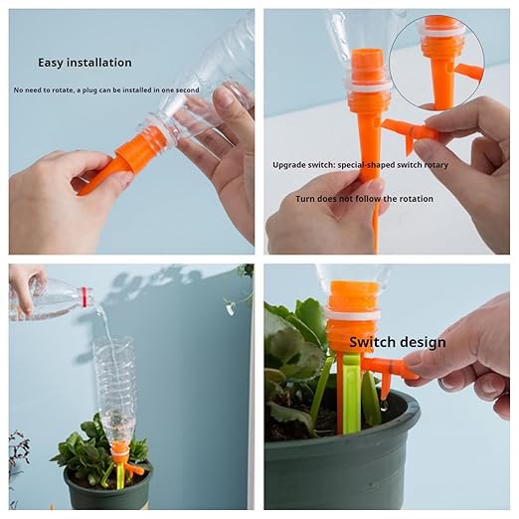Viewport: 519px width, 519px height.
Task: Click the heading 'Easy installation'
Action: pos(85,62)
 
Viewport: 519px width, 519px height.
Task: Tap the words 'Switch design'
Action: pos(397,342)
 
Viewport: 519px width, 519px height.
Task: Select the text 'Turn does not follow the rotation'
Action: pos(364,198)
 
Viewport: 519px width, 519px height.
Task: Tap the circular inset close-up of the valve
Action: pos(436,62)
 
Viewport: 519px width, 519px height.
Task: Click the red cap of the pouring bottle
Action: pos(86,296)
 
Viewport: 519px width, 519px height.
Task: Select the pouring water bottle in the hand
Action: pos(50,299)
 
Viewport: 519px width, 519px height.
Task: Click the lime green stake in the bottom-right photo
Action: pos(350,394)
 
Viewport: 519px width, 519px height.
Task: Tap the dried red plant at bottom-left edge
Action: pos(17,452)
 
